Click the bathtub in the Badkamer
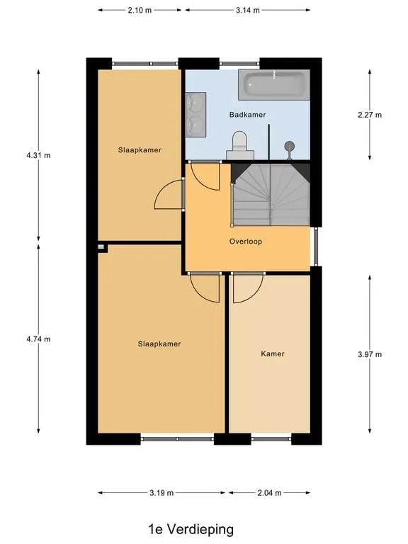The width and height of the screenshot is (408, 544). coord(273,85)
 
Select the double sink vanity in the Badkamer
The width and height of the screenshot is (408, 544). coord(195,115)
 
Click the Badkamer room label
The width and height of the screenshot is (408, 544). coord(247,115)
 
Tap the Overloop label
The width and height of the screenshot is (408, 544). coord(246,241)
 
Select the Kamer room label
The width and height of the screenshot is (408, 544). coord(273,353)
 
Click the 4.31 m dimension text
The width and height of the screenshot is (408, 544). coord(38,155)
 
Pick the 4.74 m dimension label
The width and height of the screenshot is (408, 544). coord(38,339)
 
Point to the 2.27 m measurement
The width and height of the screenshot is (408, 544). coord(370,115)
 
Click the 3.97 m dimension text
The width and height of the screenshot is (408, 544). coord(370,354)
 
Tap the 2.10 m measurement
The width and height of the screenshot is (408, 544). coord(140,10)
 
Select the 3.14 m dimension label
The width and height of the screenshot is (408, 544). coord(248,10)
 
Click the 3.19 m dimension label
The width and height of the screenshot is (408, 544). coord(161,493)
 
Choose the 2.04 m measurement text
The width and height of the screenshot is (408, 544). coord(270,493)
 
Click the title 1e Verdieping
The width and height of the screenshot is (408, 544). coord(191,529)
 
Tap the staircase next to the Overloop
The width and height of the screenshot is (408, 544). coord(271,195)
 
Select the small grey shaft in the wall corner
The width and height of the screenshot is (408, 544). coord(101,247)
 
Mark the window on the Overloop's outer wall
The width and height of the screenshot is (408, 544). coord(316,246)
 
